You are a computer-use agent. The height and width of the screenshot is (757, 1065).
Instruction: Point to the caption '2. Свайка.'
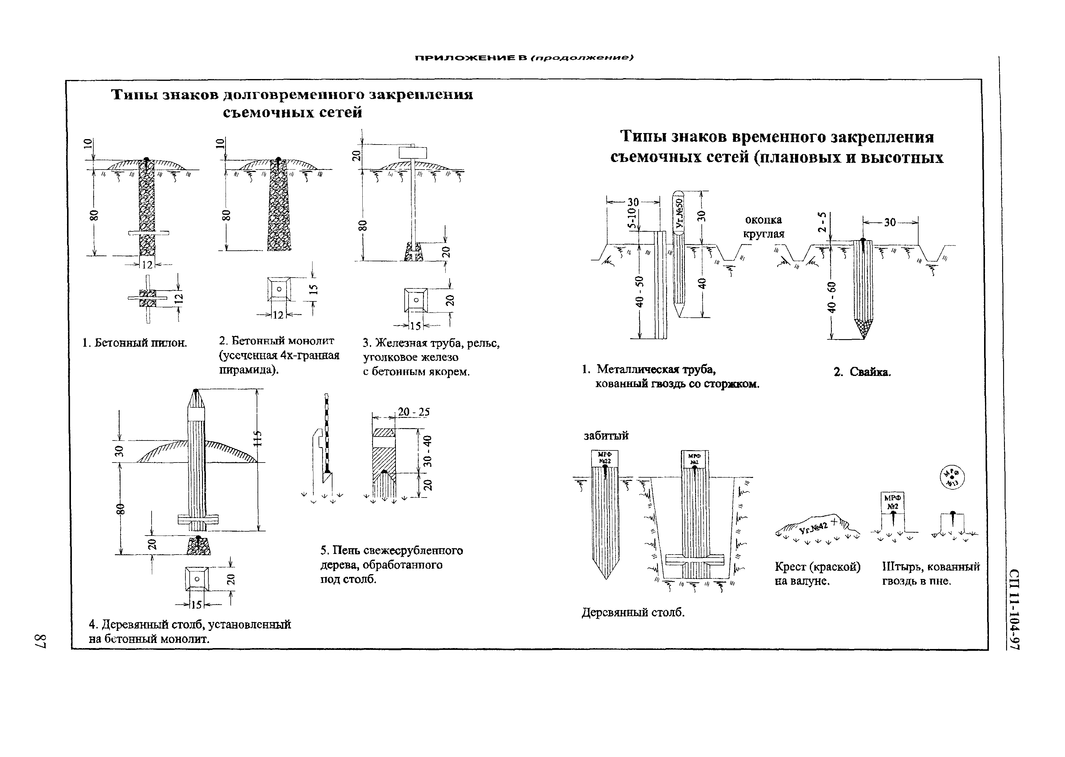pos(862,372)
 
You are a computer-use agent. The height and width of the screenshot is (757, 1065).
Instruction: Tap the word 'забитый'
pos(606,435)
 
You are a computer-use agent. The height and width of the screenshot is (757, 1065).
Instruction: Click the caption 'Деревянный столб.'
pos(633,612)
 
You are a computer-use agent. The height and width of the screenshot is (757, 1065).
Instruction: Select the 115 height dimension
pos(258,438)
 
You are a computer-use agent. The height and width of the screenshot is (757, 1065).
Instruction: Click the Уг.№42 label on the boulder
pos(813,528)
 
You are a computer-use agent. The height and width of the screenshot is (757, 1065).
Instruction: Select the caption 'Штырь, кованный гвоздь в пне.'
pos(931,574)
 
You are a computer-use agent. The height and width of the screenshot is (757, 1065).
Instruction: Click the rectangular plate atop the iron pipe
pos(412,152)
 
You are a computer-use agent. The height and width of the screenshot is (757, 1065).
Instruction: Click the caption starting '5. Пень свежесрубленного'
pos(391,565)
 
